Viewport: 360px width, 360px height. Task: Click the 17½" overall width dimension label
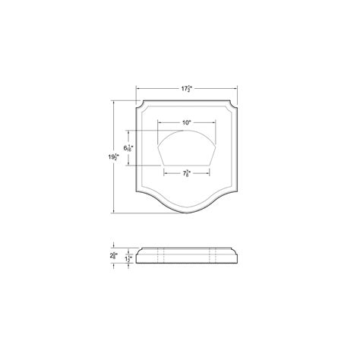(186, 90)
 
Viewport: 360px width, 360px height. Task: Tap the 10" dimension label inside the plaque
(186, 122)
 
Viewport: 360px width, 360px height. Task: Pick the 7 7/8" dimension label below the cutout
(186, 173)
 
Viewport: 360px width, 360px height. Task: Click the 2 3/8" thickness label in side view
(112, 257)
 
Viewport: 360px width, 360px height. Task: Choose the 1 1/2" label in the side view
(130, 259)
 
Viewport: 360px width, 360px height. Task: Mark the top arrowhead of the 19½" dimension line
(113, 101)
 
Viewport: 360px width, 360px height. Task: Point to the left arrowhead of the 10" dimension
(157, 122)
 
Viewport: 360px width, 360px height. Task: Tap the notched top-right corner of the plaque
(235, 103)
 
